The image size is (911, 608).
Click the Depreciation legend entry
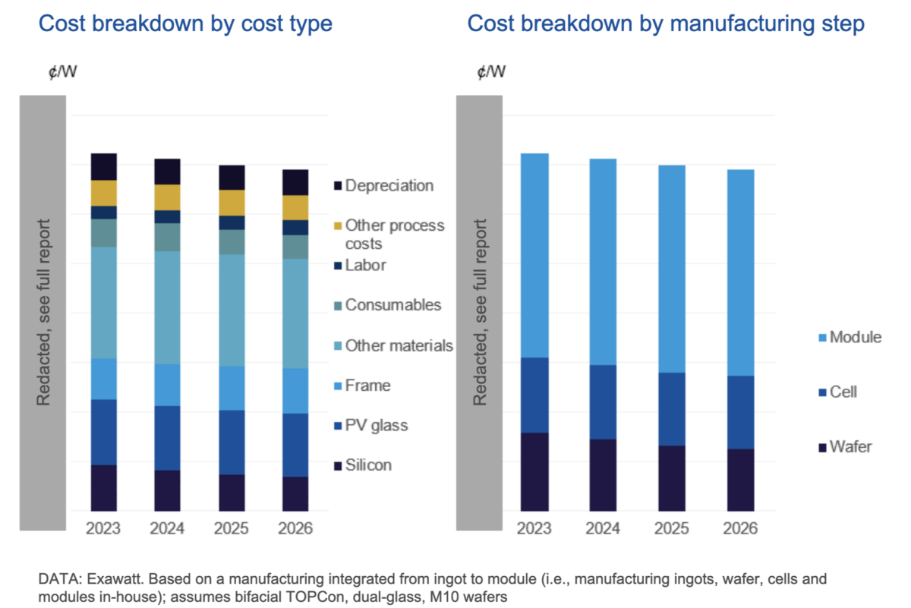389,186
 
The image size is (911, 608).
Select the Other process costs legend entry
394,235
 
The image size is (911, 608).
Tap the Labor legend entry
365,266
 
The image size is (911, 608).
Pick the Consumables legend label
392,305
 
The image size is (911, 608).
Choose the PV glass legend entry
376,425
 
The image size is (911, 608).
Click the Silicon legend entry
368,465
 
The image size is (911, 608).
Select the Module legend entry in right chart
856,337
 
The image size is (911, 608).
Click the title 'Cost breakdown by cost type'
185,24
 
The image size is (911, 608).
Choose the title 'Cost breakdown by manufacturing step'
666,24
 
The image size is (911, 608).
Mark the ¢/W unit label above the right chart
490,72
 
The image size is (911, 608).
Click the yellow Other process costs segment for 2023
103,193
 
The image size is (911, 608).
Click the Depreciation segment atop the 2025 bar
232,177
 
